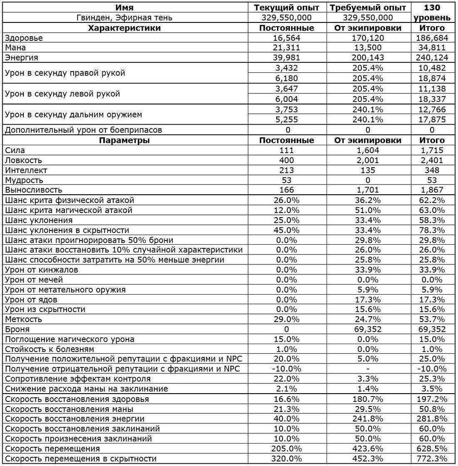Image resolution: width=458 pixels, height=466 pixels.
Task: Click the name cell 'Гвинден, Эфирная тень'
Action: [125, 18]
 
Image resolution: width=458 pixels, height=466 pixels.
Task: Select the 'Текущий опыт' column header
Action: [287, 8]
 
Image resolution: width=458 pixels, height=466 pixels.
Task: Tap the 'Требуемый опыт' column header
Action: [368, 8]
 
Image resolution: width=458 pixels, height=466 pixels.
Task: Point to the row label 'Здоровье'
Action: [24, 38]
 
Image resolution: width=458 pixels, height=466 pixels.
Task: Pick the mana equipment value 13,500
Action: [368, 48]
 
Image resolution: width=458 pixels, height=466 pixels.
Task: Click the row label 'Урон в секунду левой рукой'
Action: [62, 93]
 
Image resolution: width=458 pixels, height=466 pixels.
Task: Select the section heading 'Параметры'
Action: [125, 140]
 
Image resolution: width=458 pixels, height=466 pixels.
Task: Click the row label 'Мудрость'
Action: [24, 180]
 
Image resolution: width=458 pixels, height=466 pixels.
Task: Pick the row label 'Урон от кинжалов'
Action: [41, 270]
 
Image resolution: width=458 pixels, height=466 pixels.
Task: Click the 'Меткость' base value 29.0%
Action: [287, 319]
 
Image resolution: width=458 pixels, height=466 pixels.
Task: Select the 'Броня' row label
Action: [17, 329]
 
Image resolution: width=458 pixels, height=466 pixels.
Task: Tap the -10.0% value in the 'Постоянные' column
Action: [287, 369]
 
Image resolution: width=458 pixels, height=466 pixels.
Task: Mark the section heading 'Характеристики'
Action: [125, 28]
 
